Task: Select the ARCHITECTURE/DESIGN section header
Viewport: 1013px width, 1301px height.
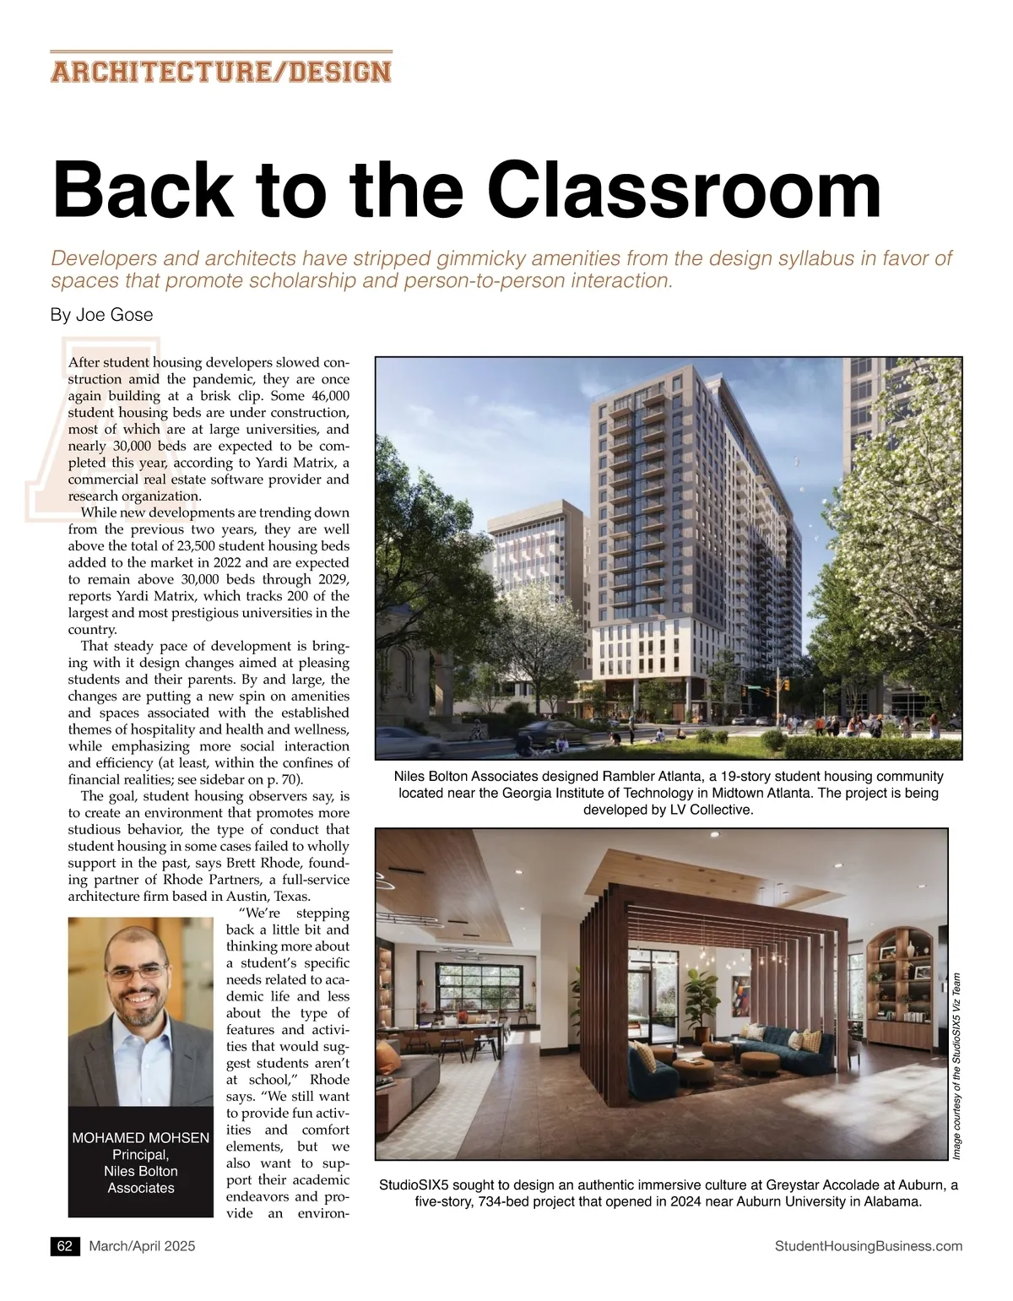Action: (x=221, y=71)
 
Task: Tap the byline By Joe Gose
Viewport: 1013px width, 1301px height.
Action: (x=101, y=315)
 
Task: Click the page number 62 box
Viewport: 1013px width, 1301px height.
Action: (x=65, y=1246)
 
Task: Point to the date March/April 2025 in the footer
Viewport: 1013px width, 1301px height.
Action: (x=142, y=1246)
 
